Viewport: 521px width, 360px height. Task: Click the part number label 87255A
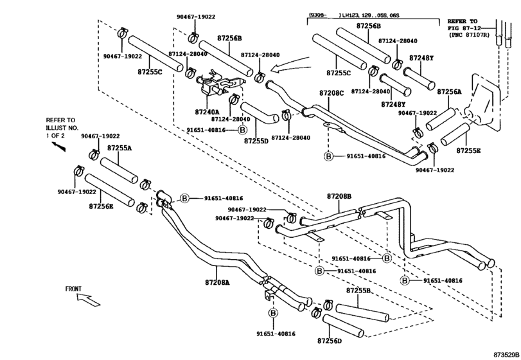pos(119,147)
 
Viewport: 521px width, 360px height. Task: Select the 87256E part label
pos(101,206)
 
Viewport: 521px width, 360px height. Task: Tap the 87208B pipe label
pos(339,195)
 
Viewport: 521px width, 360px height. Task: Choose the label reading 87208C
pos(331,93)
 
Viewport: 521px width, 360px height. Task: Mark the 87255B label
pos(358,291)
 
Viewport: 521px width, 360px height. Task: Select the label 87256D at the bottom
pos(330,340)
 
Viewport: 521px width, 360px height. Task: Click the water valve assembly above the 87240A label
pos(215,84)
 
